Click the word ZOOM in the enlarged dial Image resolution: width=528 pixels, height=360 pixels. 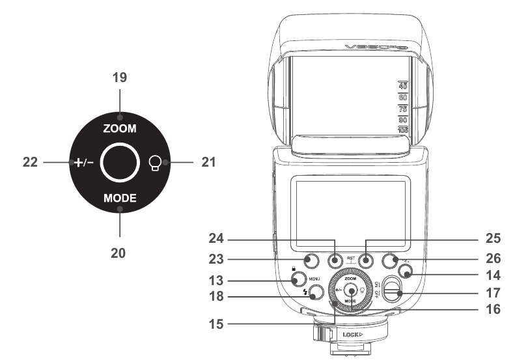point(119,129)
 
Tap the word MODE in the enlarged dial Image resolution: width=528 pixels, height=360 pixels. point(119,197)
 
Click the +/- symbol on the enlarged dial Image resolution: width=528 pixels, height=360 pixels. point(82,161)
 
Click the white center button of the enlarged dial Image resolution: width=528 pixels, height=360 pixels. point(119,161)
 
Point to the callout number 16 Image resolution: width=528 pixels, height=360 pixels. point(495,310)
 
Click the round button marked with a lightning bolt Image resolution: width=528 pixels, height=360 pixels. point(316,294)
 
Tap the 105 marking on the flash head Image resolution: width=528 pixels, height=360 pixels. point(403,130)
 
